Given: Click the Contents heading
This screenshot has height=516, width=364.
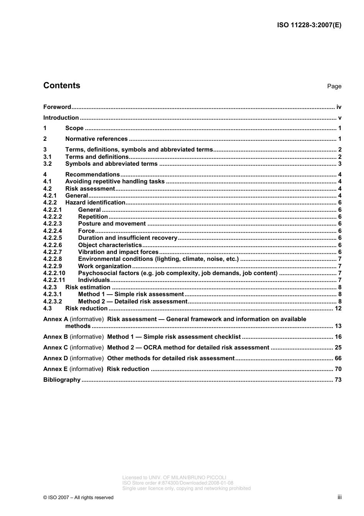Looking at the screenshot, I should [x=62, y=86].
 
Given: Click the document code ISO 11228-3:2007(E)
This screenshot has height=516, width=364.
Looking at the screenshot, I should [x=309, y=25].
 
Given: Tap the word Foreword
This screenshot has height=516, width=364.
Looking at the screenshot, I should [x=57, y=107].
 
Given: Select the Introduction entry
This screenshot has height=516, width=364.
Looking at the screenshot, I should [x=61, y=118].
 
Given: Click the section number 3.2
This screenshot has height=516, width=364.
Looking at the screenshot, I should [x=48, y=164].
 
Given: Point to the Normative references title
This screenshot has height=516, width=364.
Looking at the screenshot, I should [x=96, y=139].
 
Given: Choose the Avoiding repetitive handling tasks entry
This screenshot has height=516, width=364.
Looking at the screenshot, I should [x=115, y=181].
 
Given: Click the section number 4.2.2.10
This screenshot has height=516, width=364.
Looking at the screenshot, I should [x=54, y=273].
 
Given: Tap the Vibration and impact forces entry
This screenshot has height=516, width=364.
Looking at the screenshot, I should [x=118, y=252].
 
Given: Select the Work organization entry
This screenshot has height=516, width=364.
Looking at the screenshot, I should [x=105, y=266].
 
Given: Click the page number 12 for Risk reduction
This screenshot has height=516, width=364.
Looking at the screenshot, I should [x=338, y=308].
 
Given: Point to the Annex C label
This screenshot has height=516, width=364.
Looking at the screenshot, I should [x=56, y=348].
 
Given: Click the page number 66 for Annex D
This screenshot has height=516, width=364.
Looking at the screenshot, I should [x=338, y=358].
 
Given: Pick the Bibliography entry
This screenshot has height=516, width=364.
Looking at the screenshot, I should [x=62, y=380].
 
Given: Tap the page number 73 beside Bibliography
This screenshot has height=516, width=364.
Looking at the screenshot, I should [x=338, y=380].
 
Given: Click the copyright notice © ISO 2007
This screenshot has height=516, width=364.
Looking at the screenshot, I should [x=78, y=498].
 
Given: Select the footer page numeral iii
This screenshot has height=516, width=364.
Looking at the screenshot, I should [x=339, y=497].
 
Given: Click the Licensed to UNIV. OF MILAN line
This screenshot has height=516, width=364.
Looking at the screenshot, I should [x=174, y=478].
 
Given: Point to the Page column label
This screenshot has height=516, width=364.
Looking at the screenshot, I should [x=334, y=86].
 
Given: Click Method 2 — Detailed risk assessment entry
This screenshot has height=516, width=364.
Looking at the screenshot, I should [x=133, y=302].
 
